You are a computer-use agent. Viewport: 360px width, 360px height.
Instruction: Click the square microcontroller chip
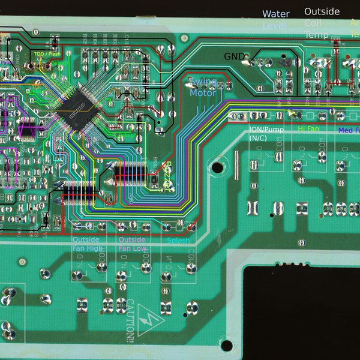74,110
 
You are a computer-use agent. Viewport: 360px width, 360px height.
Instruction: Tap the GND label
234,56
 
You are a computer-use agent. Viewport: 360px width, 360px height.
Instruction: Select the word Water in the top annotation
276,14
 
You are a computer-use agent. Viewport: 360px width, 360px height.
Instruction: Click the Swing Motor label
203,87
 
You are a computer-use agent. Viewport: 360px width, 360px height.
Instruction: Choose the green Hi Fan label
309,129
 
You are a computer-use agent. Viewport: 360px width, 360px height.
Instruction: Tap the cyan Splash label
178,241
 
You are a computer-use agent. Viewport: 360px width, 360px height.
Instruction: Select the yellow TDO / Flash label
47,55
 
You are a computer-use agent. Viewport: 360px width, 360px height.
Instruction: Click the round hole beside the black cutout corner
226,345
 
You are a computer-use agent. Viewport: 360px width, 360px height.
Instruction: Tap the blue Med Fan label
349,130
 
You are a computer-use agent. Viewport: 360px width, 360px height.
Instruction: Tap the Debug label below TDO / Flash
59,62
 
